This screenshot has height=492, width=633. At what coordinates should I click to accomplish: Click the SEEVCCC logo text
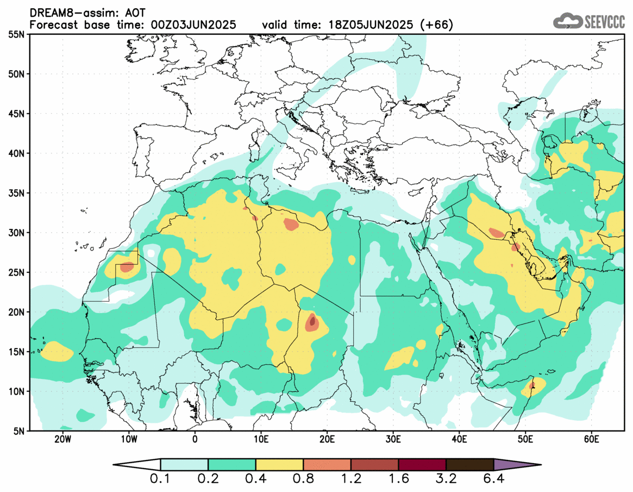coord(604,22)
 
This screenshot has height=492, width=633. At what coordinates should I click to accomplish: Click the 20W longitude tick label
coord(62,439)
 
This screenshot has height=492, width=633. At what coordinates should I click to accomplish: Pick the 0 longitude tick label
coord(195,439)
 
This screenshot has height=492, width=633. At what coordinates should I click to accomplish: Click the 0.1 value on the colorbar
coord(161,480)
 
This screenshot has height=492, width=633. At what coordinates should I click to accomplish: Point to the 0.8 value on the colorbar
coord(303,480)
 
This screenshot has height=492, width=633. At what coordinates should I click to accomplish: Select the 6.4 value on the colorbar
coord(493,480)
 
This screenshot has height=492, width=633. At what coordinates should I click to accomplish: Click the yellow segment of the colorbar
coord(279,465)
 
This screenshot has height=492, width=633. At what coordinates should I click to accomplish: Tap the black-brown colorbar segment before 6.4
coord(469,465)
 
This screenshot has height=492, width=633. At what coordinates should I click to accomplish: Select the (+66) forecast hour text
coord(434,25)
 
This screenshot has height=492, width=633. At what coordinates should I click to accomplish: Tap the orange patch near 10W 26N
coord(127,267)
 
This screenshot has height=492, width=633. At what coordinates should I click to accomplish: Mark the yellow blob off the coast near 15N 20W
coord(56,352)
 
